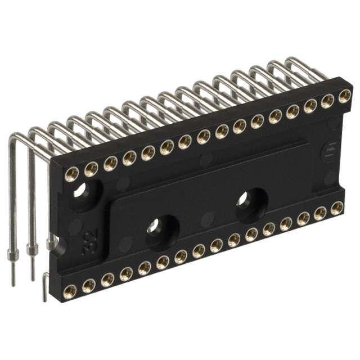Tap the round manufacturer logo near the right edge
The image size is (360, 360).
coord(332,154)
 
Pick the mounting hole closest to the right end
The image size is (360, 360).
coord(250,202)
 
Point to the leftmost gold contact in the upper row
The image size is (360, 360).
coord(73,172)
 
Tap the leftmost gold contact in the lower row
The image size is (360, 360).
coord(70,290)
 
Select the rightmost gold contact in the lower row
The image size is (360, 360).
coord(336,209)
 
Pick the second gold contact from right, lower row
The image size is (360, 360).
coord(319,213)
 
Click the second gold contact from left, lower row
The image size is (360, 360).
coord(89,285)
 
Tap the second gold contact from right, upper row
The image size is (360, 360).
coord(327,101)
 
